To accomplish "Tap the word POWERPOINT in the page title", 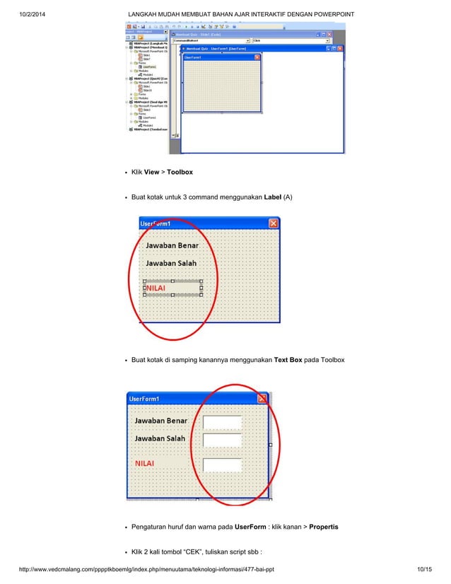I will pos(329,15).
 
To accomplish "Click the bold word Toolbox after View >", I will pos(180,172).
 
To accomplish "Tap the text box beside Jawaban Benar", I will pos(222,422).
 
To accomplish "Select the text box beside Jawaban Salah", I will pos(222,440).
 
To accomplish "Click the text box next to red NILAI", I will pos(222,465).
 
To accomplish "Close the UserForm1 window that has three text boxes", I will pos(262,398).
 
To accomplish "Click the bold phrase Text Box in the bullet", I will pos(288,360).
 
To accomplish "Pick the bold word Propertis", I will pos(324,527).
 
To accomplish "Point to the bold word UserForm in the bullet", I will pos(250,527).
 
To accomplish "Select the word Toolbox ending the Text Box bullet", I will pos(330,360).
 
